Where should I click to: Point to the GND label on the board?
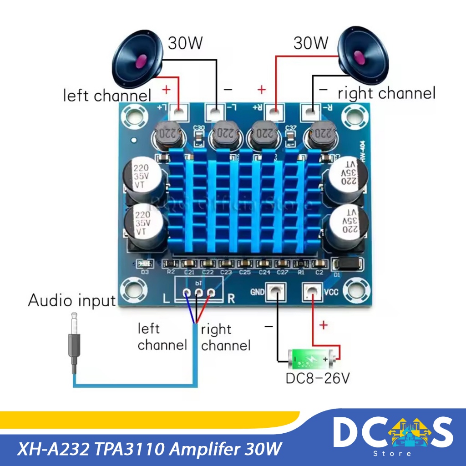pyautogui.click(x=257, y=292)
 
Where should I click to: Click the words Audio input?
pyautogui.click(x=72, y=300)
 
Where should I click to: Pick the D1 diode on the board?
pyautogui.click(x=349, y=264)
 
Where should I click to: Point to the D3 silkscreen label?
pyautogui.click(x=145, y=273)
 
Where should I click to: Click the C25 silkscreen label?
pyautogui.click(x=245, y=273)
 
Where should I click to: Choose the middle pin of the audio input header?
pyautogui.click(x=199, y=294)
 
